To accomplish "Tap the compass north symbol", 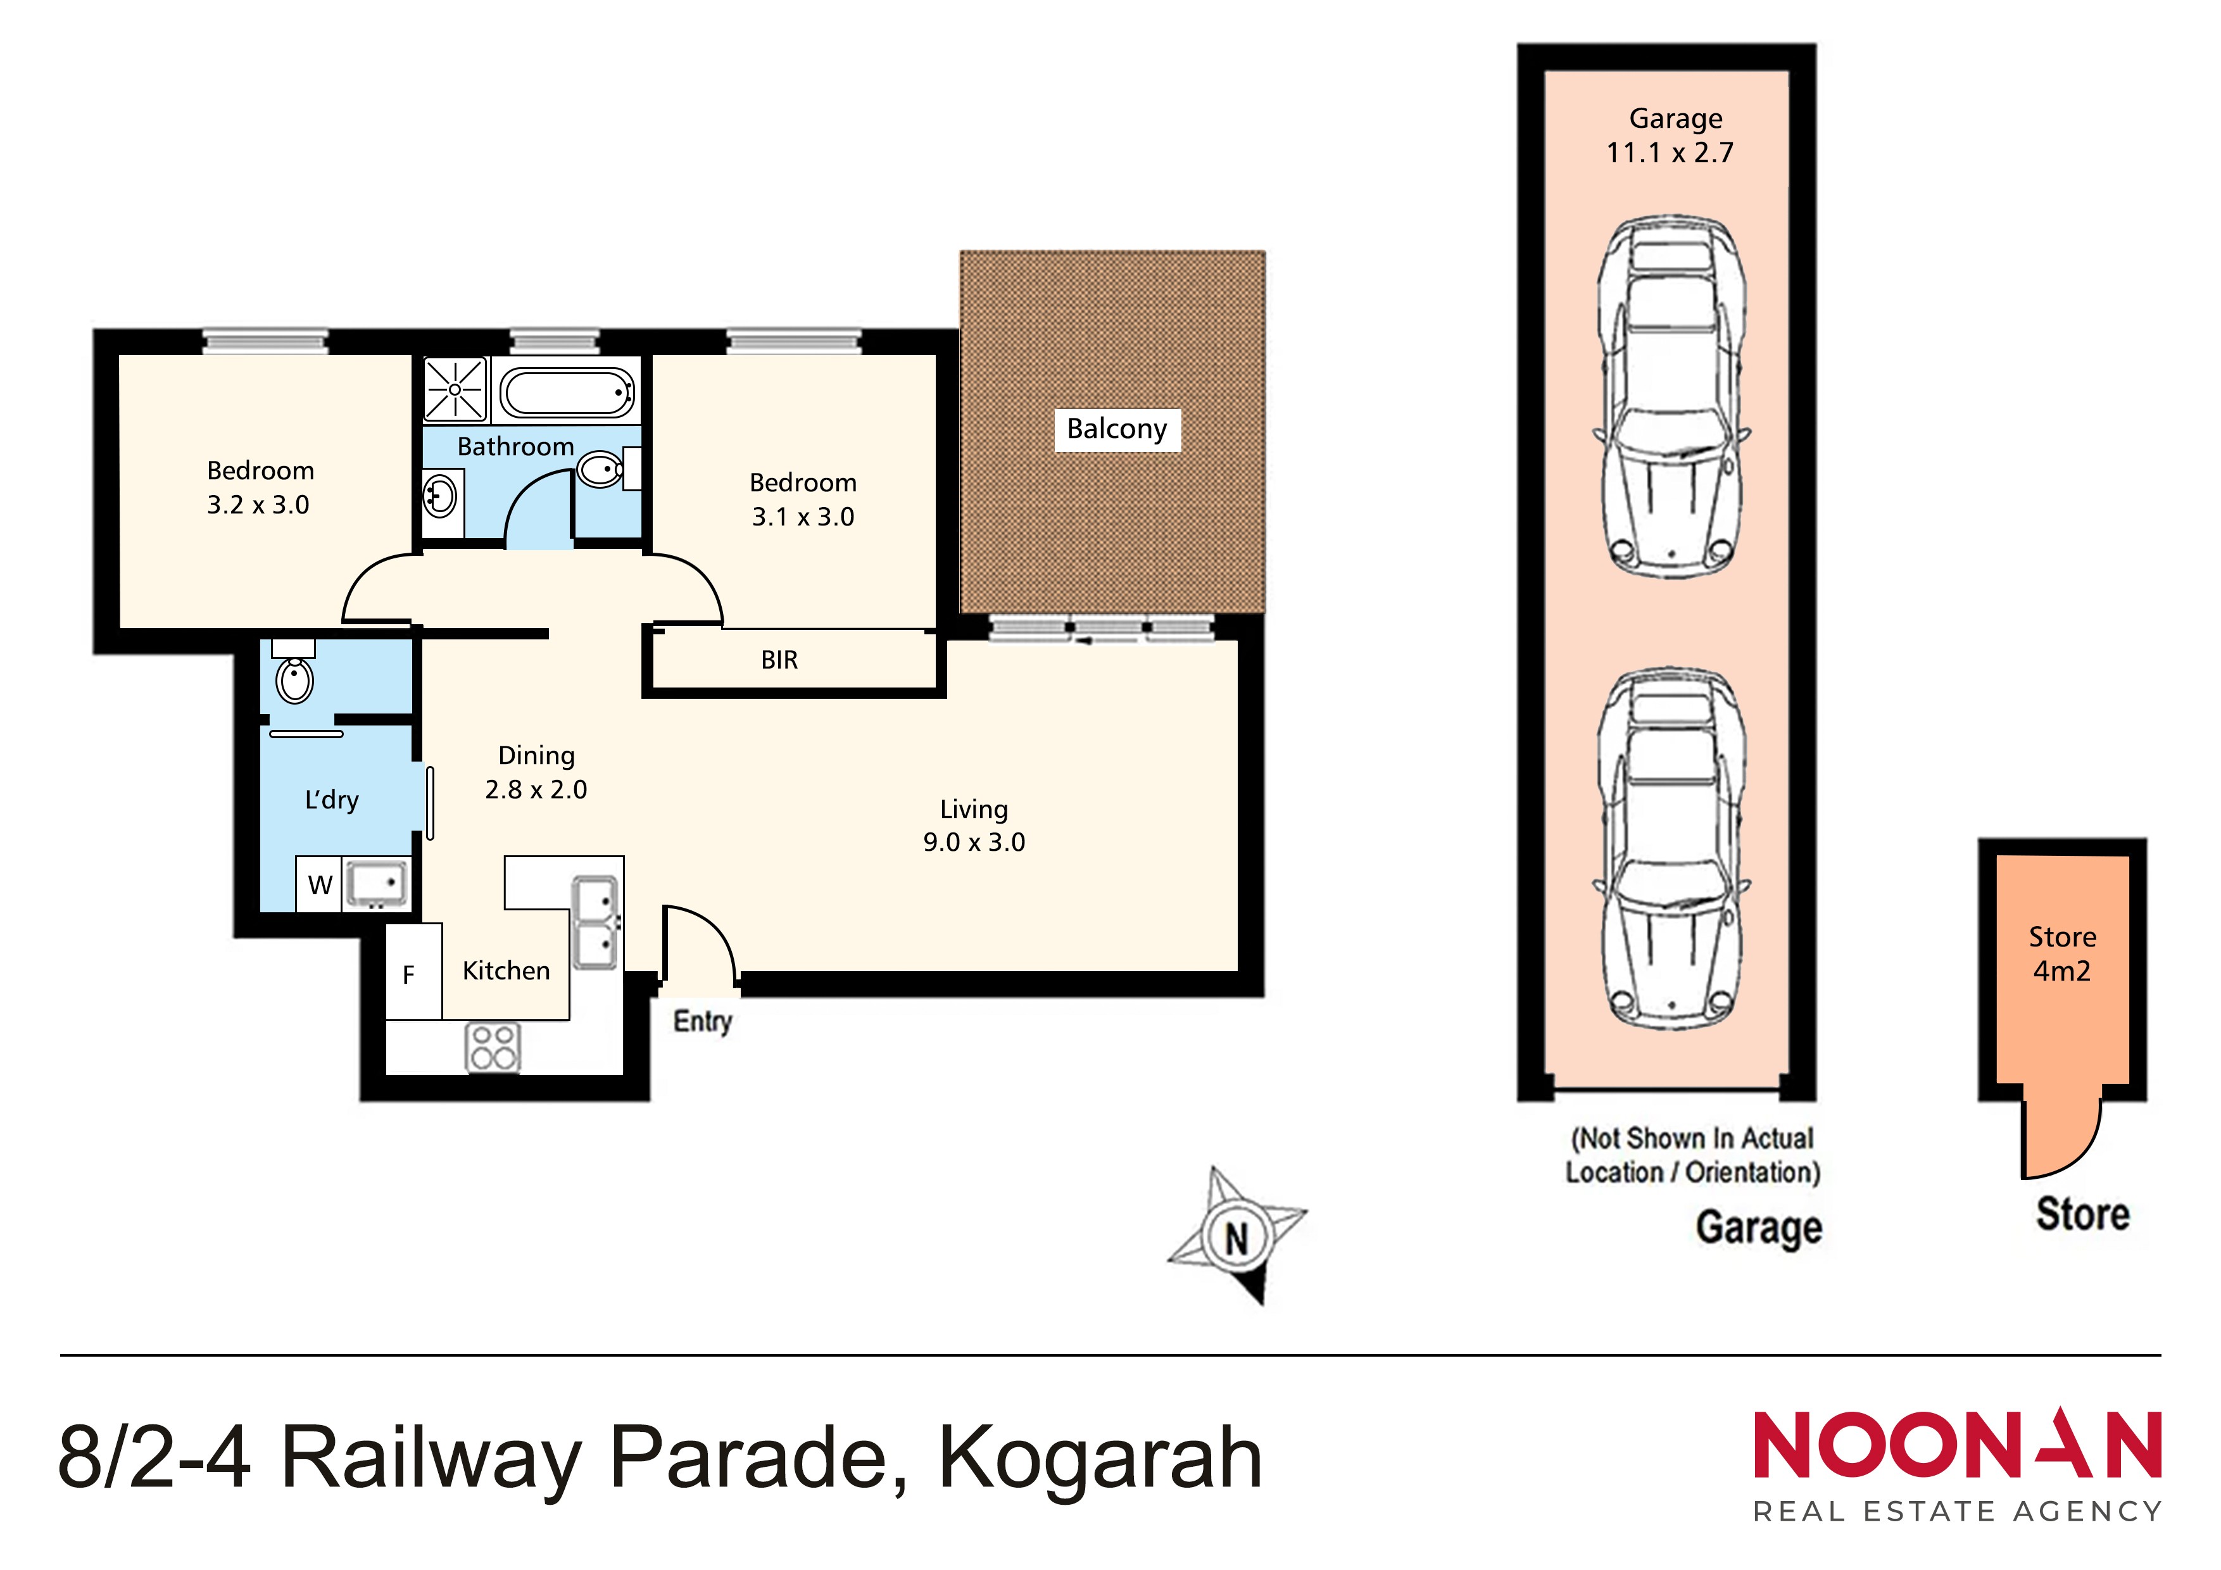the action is pos(1237,1236).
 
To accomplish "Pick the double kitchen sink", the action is pos(595,922).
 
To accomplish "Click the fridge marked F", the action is pos(414,972).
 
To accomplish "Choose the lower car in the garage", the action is pos(1671,848).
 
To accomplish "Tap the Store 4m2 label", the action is pos(2062,954).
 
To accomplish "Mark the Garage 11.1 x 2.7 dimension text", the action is pos(1671,135).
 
